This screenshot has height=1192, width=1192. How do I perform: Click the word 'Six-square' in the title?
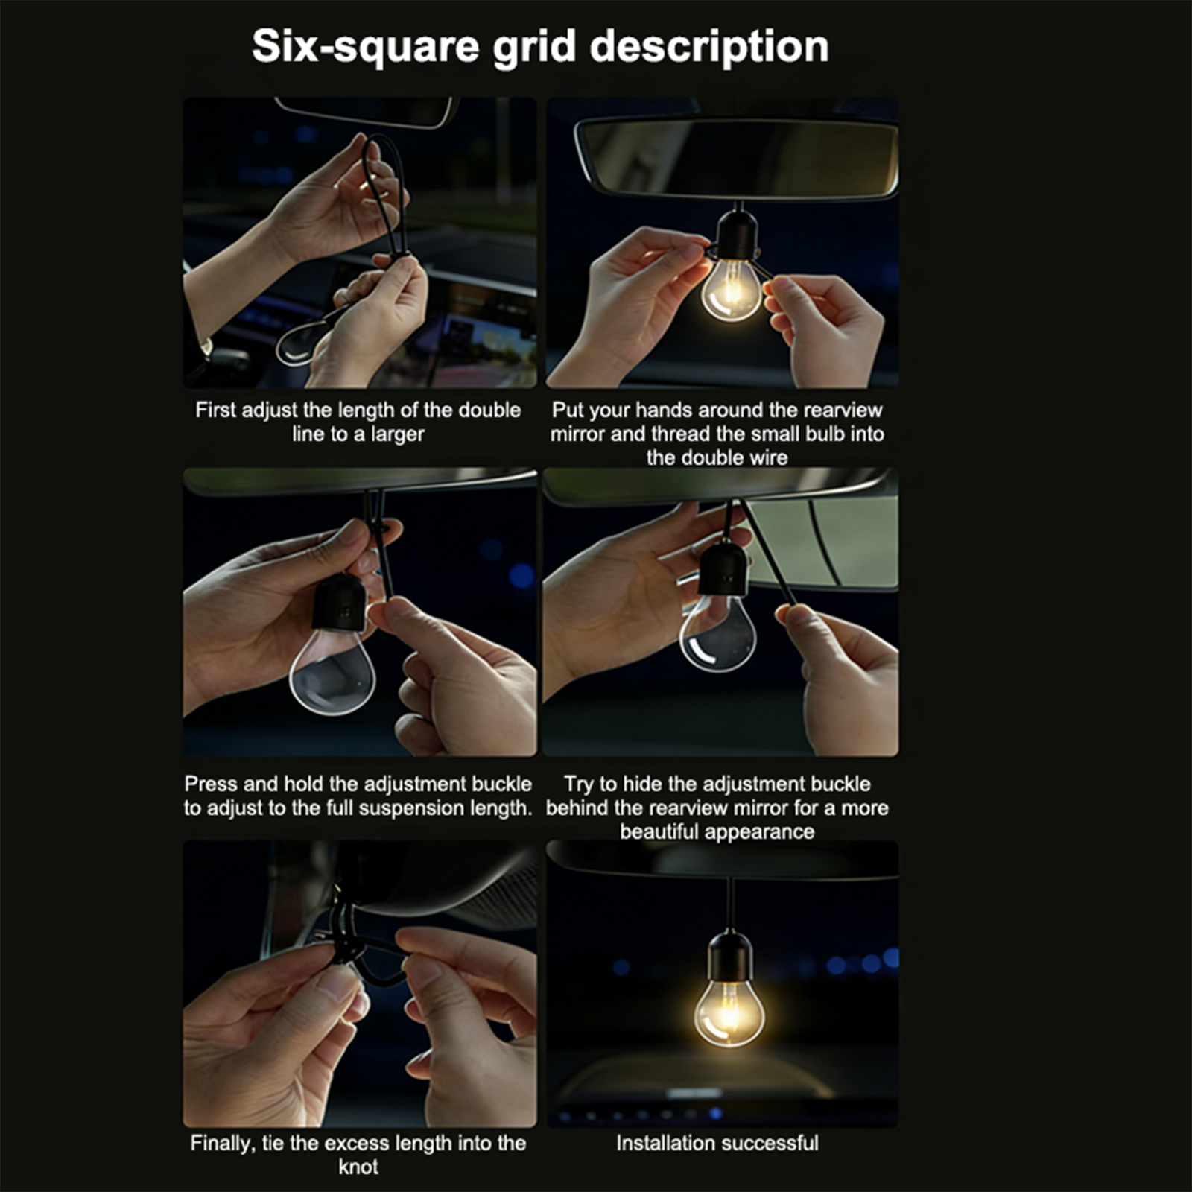coord(366,48)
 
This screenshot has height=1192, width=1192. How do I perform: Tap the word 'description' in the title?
coord(709,48)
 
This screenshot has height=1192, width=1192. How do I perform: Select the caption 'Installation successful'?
coord(717,1143)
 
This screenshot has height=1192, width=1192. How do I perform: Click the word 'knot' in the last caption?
coord(358,1167)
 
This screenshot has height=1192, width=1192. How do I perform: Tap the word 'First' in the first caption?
coord(215,410)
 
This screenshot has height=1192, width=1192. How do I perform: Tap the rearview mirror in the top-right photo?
coord(738,158)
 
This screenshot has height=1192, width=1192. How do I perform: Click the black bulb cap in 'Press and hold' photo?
coord(340,601)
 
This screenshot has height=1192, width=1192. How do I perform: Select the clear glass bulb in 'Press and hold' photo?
coord(332,671)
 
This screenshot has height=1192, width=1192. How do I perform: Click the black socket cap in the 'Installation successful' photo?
coord(729,956)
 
